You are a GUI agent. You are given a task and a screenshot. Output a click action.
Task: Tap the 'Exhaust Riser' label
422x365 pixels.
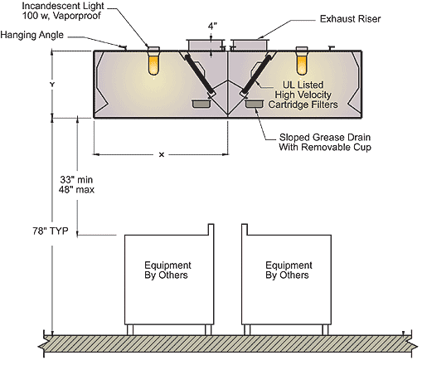pyautogui.click(x=350, y=19)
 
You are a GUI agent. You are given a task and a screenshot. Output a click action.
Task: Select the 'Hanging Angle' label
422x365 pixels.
pyautogui.click(x=32, y=35)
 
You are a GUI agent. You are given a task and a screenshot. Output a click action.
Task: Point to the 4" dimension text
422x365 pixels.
pyautogui.click(x=212, y=27)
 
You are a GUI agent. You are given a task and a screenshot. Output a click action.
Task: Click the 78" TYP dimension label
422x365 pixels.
pyautogui.click(x=51, y=231)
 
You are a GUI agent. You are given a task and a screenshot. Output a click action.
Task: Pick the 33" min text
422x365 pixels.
pyautogui.click(x=76, y=180)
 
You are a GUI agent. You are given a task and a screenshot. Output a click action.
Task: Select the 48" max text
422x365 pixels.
pyautogui.click(x=76, y=190)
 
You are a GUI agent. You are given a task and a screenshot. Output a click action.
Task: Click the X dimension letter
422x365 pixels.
pyautogui.click(x=162, y=155)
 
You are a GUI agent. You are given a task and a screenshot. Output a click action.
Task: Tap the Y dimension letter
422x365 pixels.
pyautogui.click(x=52, y=85)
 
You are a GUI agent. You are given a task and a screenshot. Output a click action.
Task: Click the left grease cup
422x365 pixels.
pyautogui.click(x=201, y=104)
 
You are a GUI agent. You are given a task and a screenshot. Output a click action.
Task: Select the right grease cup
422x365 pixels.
pyautogui.click(x=254, y=104)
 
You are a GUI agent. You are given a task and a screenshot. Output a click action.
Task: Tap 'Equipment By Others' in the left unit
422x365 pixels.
pyautogui.click(x=167, y=270)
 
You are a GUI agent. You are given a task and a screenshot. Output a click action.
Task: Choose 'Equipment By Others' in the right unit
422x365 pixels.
pyautogui.click(x=289, y=270)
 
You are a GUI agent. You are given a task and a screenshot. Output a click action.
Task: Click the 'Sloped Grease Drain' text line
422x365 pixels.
pyautogui.click(x=325, y=137)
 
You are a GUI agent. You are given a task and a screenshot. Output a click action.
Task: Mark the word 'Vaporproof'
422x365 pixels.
pyautogui.click(x=77, y=16)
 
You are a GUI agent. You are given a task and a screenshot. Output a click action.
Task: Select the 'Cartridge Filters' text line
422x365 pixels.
pyautogui.click(x=303, y=105)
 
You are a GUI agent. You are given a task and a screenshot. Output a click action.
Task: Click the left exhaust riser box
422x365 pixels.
pyautogui.click(x=206, y=45)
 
